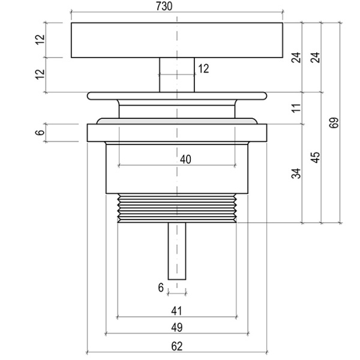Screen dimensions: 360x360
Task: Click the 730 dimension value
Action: (177, 7)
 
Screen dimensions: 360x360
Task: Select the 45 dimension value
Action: (316, 157)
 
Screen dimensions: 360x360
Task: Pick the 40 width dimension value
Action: (185, 159)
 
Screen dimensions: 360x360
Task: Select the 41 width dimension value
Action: (176, 311)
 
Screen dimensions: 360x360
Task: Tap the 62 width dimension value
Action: (176, 346)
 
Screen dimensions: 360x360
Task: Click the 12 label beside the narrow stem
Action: (203, 69)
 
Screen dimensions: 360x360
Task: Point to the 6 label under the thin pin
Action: (161, 288)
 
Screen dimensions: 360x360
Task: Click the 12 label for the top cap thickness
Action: (40, 40)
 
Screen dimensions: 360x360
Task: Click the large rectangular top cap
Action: (120, 40)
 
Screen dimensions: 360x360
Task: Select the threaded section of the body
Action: (177, 207)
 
